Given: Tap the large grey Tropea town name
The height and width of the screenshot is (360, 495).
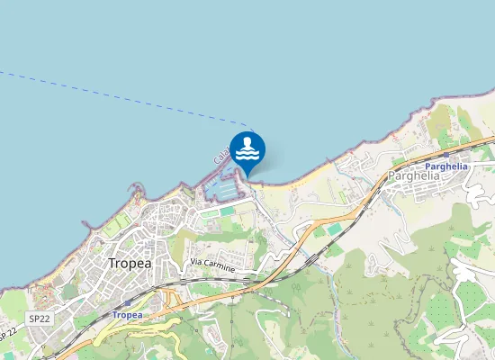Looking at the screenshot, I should click(x=130, y=264).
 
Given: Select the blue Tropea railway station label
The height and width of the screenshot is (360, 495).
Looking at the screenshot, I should click(x=127, y=315).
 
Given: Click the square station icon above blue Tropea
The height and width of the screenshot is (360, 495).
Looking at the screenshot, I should click(x=127, y=305).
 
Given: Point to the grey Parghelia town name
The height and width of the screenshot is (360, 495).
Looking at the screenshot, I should click(x=413, y=176).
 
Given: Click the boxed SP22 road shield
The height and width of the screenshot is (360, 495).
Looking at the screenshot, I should click(x=38, y=319).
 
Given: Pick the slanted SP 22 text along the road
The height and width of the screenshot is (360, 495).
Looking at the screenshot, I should click(x=8, y=331).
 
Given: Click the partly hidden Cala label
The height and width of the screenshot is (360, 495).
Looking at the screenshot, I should click(x=220, y=157).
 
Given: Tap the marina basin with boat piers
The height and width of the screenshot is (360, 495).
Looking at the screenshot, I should click(x=225, y=188).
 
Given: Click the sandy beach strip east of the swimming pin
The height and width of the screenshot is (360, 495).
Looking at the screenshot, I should click(x=297, y=175).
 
